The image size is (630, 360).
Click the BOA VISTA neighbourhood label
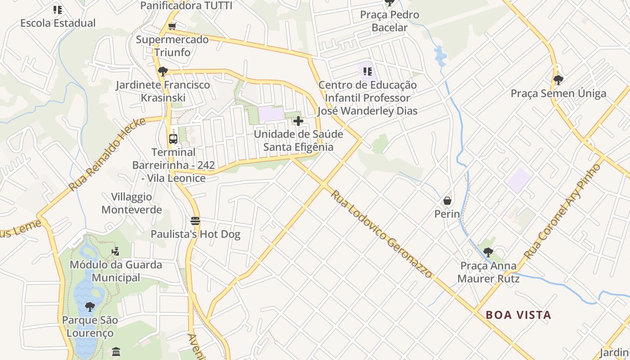pyautogui.click(x=518, y=315)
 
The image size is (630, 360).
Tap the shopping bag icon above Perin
pyautogui.click(x=447, y=200)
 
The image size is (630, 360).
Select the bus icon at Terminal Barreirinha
pyautogui.click(x=173, y=139)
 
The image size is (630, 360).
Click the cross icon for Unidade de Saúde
pyautogui.click(x=298, y=121)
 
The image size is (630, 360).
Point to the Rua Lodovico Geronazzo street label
pyautogui.click(x=381, y=234)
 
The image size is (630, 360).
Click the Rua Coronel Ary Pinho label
pyautogui.click(x=563, y=211)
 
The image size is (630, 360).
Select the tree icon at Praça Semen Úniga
pyautogui.click(x=558, y=80)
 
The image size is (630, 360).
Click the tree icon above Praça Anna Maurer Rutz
pyautogui.click(x=488, y=252)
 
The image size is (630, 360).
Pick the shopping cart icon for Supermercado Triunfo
pyautogui.click(x=172, y=26)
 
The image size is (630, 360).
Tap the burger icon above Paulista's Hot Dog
pyautogui.click(x=195, y=220)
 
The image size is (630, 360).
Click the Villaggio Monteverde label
pyautogui.click(x=131, y=203)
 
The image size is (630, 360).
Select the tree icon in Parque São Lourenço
pyautogui.click(x=90, y=307)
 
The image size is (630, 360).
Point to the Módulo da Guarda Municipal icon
pyautogui.click(x=116, y=251)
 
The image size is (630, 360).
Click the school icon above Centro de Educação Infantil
pyautogui.click(x=368, y=71)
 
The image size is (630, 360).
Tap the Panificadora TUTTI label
pyautogui.click(x=186, y=5)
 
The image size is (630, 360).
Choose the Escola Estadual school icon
pyautogui.click(x=58, y=9)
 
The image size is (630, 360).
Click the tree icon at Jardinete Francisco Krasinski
pyautogui.click(x=163, y=71)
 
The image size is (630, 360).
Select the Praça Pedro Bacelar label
pyautogui.click(x=390, y=21)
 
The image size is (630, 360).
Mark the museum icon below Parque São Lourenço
pyautogui.click(x=116, y=351)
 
